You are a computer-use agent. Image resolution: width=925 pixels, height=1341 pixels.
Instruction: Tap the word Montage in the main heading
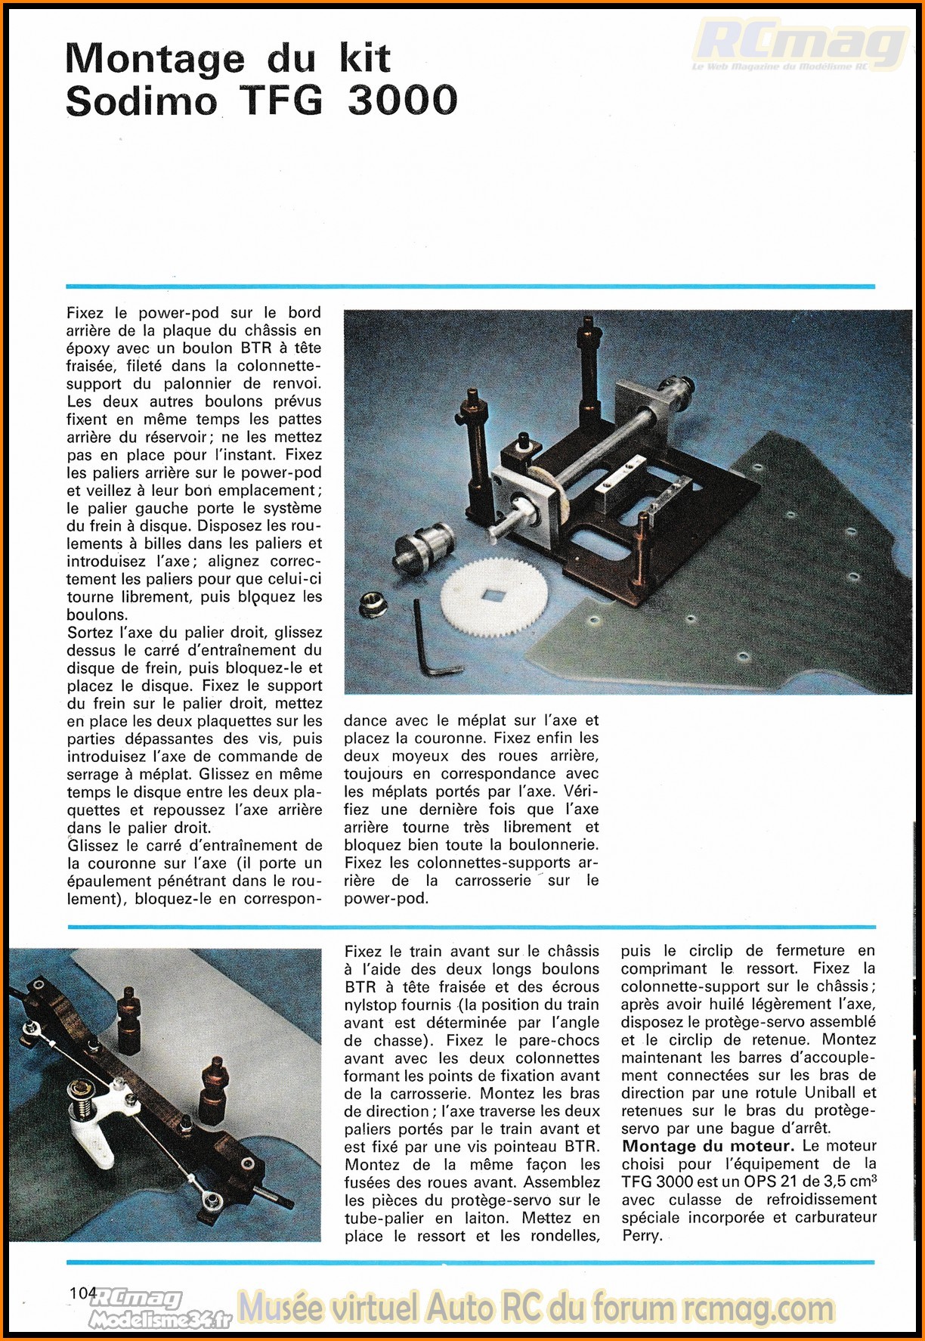point(155,59)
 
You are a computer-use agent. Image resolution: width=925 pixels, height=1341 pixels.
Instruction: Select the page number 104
point(82,1293)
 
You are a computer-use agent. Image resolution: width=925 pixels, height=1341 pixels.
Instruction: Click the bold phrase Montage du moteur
point(708,1146)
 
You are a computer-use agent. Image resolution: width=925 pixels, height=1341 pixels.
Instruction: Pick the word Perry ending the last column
point(642,1235)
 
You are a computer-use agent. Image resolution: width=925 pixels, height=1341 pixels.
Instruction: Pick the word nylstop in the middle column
point(376,1005)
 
